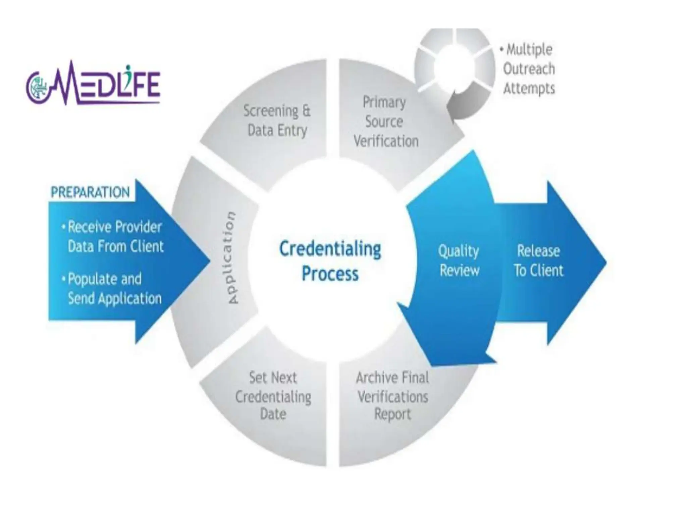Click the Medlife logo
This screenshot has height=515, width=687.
93,84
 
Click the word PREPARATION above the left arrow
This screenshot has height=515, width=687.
90,192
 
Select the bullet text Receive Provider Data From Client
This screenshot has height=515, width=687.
115,237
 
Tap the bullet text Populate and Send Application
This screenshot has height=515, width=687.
114,289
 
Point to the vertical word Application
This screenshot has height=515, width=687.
231,257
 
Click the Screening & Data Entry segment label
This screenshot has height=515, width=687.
277,120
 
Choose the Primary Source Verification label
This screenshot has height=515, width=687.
385,121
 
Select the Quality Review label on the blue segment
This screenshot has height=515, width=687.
459,261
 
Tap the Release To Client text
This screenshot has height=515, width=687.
538,261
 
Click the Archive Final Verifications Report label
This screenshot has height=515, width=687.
392,396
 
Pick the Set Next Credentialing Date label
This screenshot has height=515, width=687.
273,396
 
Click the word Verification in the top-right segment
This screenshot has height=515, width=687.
386,141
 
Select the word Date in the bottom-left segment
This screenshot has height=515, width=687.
273,414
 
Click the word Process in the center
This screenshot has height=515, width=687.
330,274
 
